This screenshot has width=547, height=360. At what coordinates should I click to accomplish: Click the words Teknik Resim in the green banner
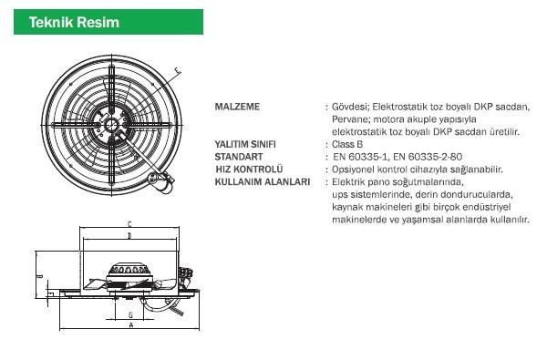(74, 22)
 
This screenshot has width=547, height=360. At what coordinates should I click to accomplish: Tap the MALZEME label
(237, 107)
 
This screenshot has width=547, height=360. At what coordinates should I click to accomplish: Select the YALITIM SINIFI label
(245, 144)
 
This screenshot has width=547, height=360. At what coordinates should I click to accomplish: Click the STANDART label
(239, 157)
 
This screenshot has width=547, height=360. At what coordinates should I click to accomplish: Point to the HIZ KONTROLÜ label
(249, 169)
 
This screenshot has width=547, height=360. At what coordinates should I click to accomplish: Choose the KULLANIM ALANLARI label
(263, 181)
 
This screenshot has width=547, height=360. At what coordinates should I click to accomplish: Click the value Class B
(347, 144)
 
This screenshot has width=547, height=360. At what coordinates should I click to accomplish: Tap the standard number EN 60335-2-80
(428, 157)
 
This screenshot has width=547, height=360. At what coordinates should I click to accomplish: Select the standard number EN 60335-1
(361, 157)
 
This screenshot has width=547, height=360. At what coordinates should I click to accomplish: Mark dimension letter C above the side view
(129, 224)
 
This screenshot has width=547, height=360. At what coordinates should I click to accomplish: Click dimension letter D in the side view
(129, 236)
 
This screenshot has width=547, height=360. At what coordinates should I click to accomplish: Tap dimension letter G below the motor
(130, 315)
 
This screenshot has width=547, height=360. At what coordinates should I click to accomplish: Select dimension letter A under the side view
(131, 325)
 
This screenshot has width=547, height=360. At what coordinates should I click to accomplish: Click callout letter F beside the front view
(178, 71)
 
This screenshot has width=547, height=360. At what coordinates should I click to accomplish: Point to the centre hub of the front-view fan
(111, 125)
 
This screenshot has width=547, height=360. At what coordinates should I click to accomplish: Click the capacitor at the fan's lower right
(161, 182)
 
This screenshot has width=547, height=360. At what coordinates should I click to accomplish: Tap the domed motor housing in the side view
(129, 271)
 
